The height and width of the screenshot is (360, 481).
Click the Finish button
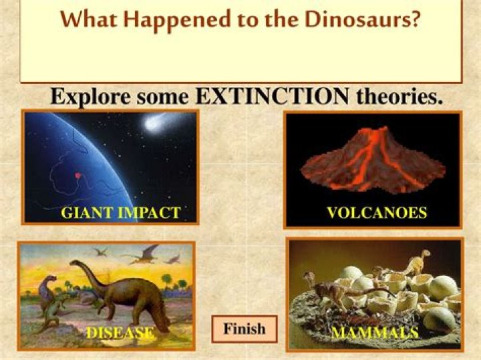coord(244,329)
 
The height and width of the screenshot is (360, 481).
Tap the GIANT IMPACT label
coord(120,213)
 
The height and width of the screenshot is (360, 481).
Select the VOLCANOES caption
coord(377,213)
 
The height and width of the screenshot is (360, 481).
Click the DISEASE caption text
coord(120,333)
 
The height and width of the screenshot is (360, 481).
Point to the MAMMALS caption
coord(375,333)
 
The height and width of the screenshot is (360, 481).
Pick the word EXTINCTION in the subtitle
coord(273,97)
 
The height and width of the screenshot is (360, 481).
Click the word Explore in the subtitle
coord(91,98)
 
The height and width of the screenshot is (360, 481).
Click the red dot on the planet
coord(77,176)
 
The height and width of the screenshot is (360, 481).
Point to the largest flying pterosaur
coord(143,253)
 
